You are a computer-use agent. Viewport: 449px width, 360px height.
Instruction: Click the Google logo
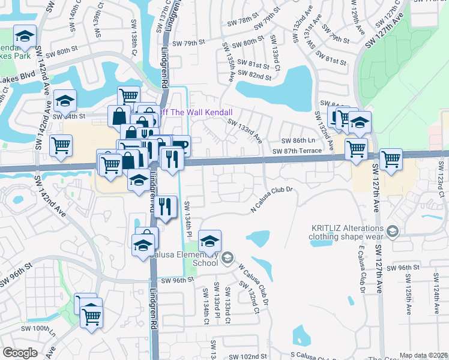click(x=20, y=353)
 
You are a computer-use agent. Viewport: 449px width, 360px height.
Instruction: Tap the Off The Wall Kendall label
click(x=194, y=112)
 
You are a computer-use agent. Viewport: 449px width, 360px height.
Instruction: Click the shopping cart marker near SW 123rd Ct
click(x=391, y=160)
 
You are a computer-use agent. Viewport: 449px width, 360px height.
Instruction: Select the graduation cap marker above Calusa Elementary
click(x=209, y=241)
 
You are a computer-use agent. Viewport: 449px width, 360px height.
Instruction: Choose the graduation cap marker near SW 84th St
click(x=65, y=101)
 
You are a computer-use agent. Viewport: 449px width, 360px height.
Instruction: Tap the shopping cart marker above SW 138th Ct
click(x=128, y=96)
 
